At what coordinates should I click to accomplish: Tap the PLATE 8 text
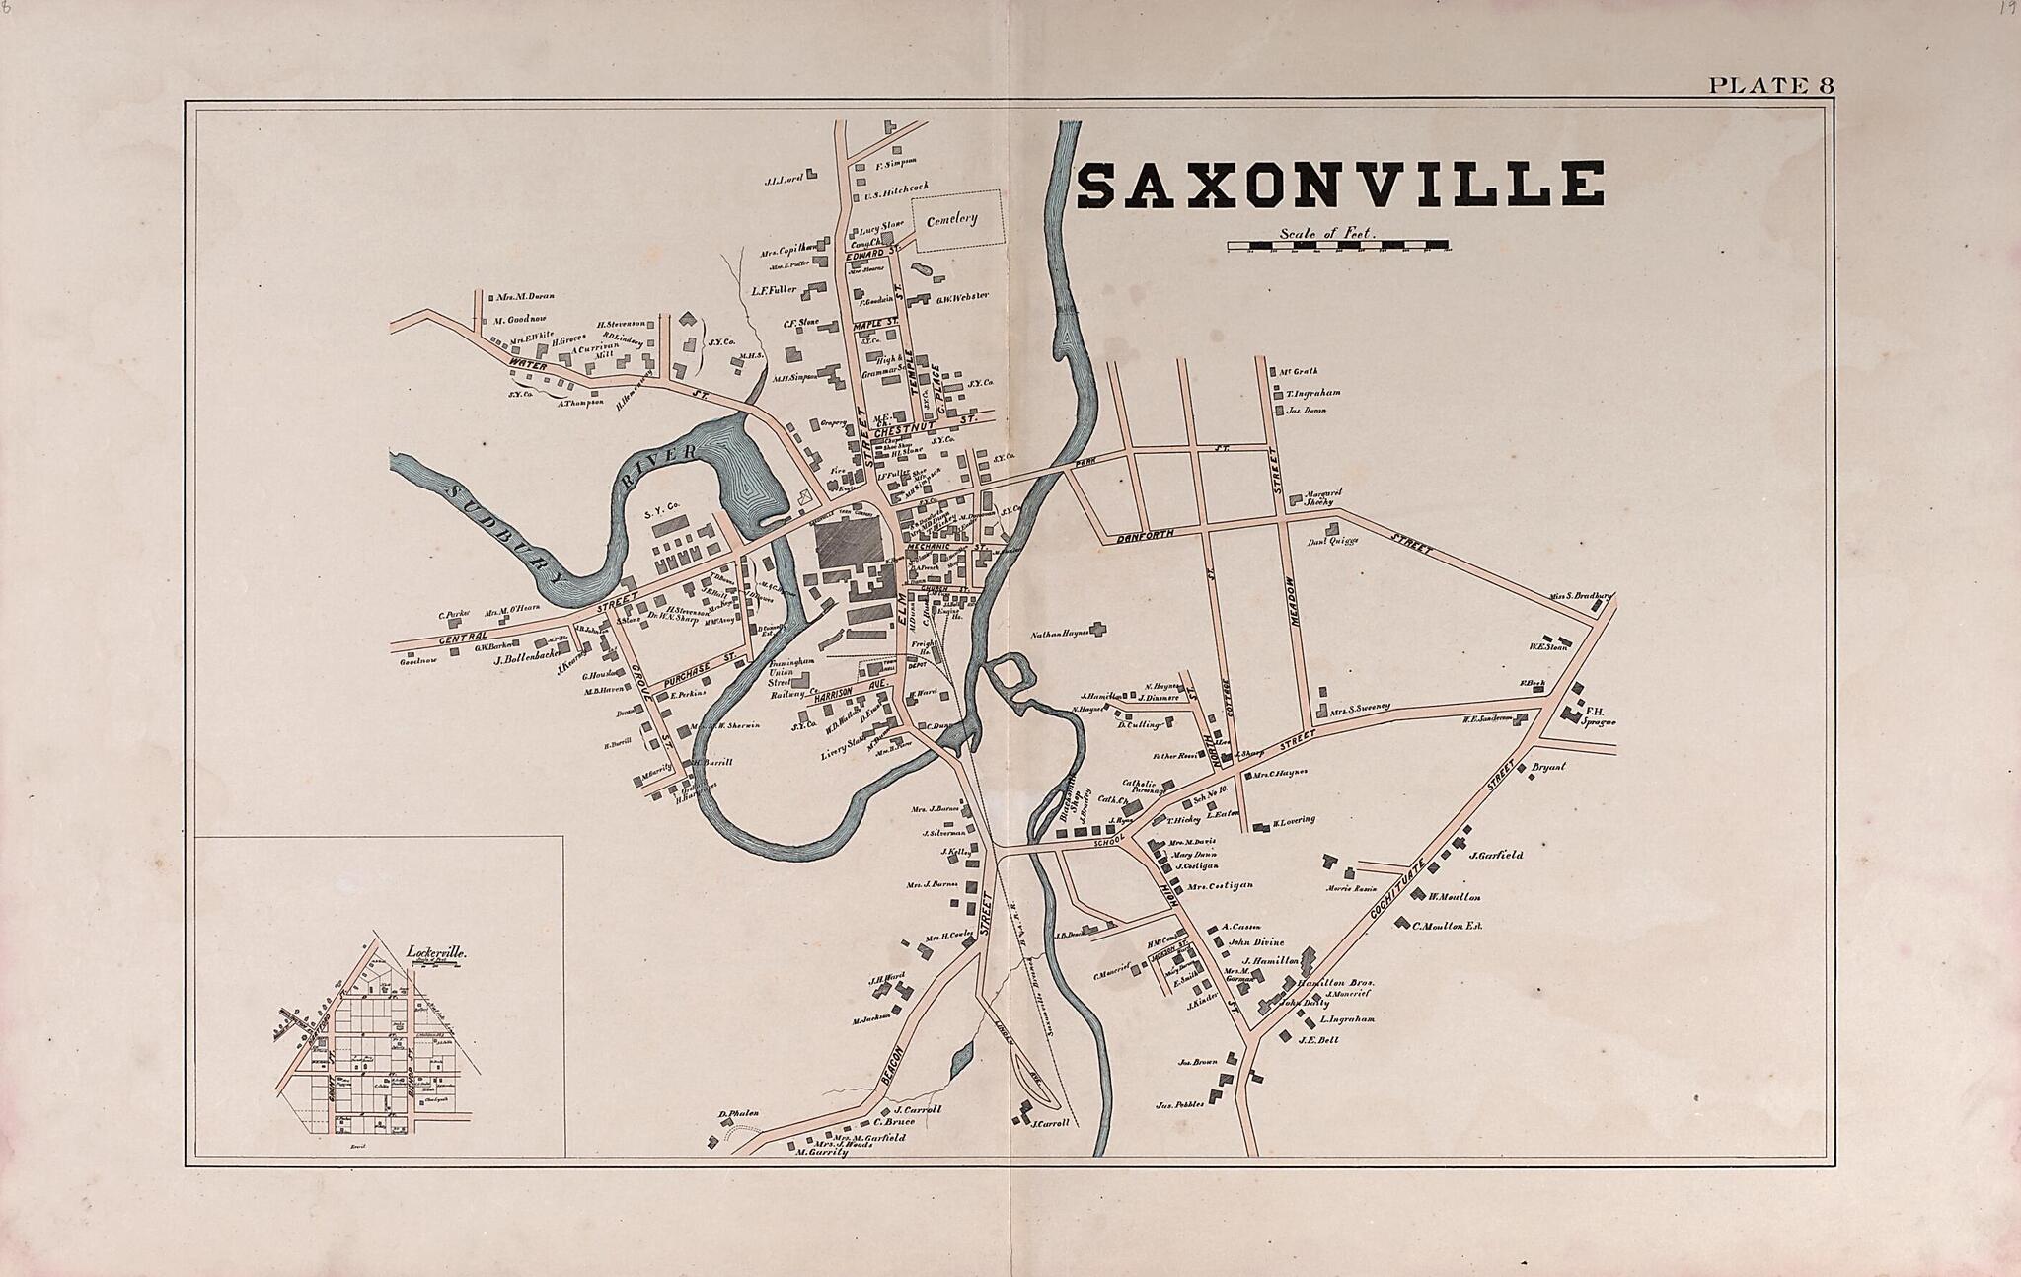(1770, 86)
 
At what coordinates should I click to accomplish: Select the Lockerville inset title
(435, 953)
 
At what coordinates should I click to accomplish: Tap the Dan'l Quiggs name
(1333, 541)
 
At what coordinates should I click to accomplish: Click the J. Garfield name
(1495, 855)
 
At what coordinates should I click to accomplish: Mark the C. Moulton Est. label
(1448, 926)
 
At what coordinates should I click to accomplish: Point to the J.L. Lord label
(781, 182)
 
